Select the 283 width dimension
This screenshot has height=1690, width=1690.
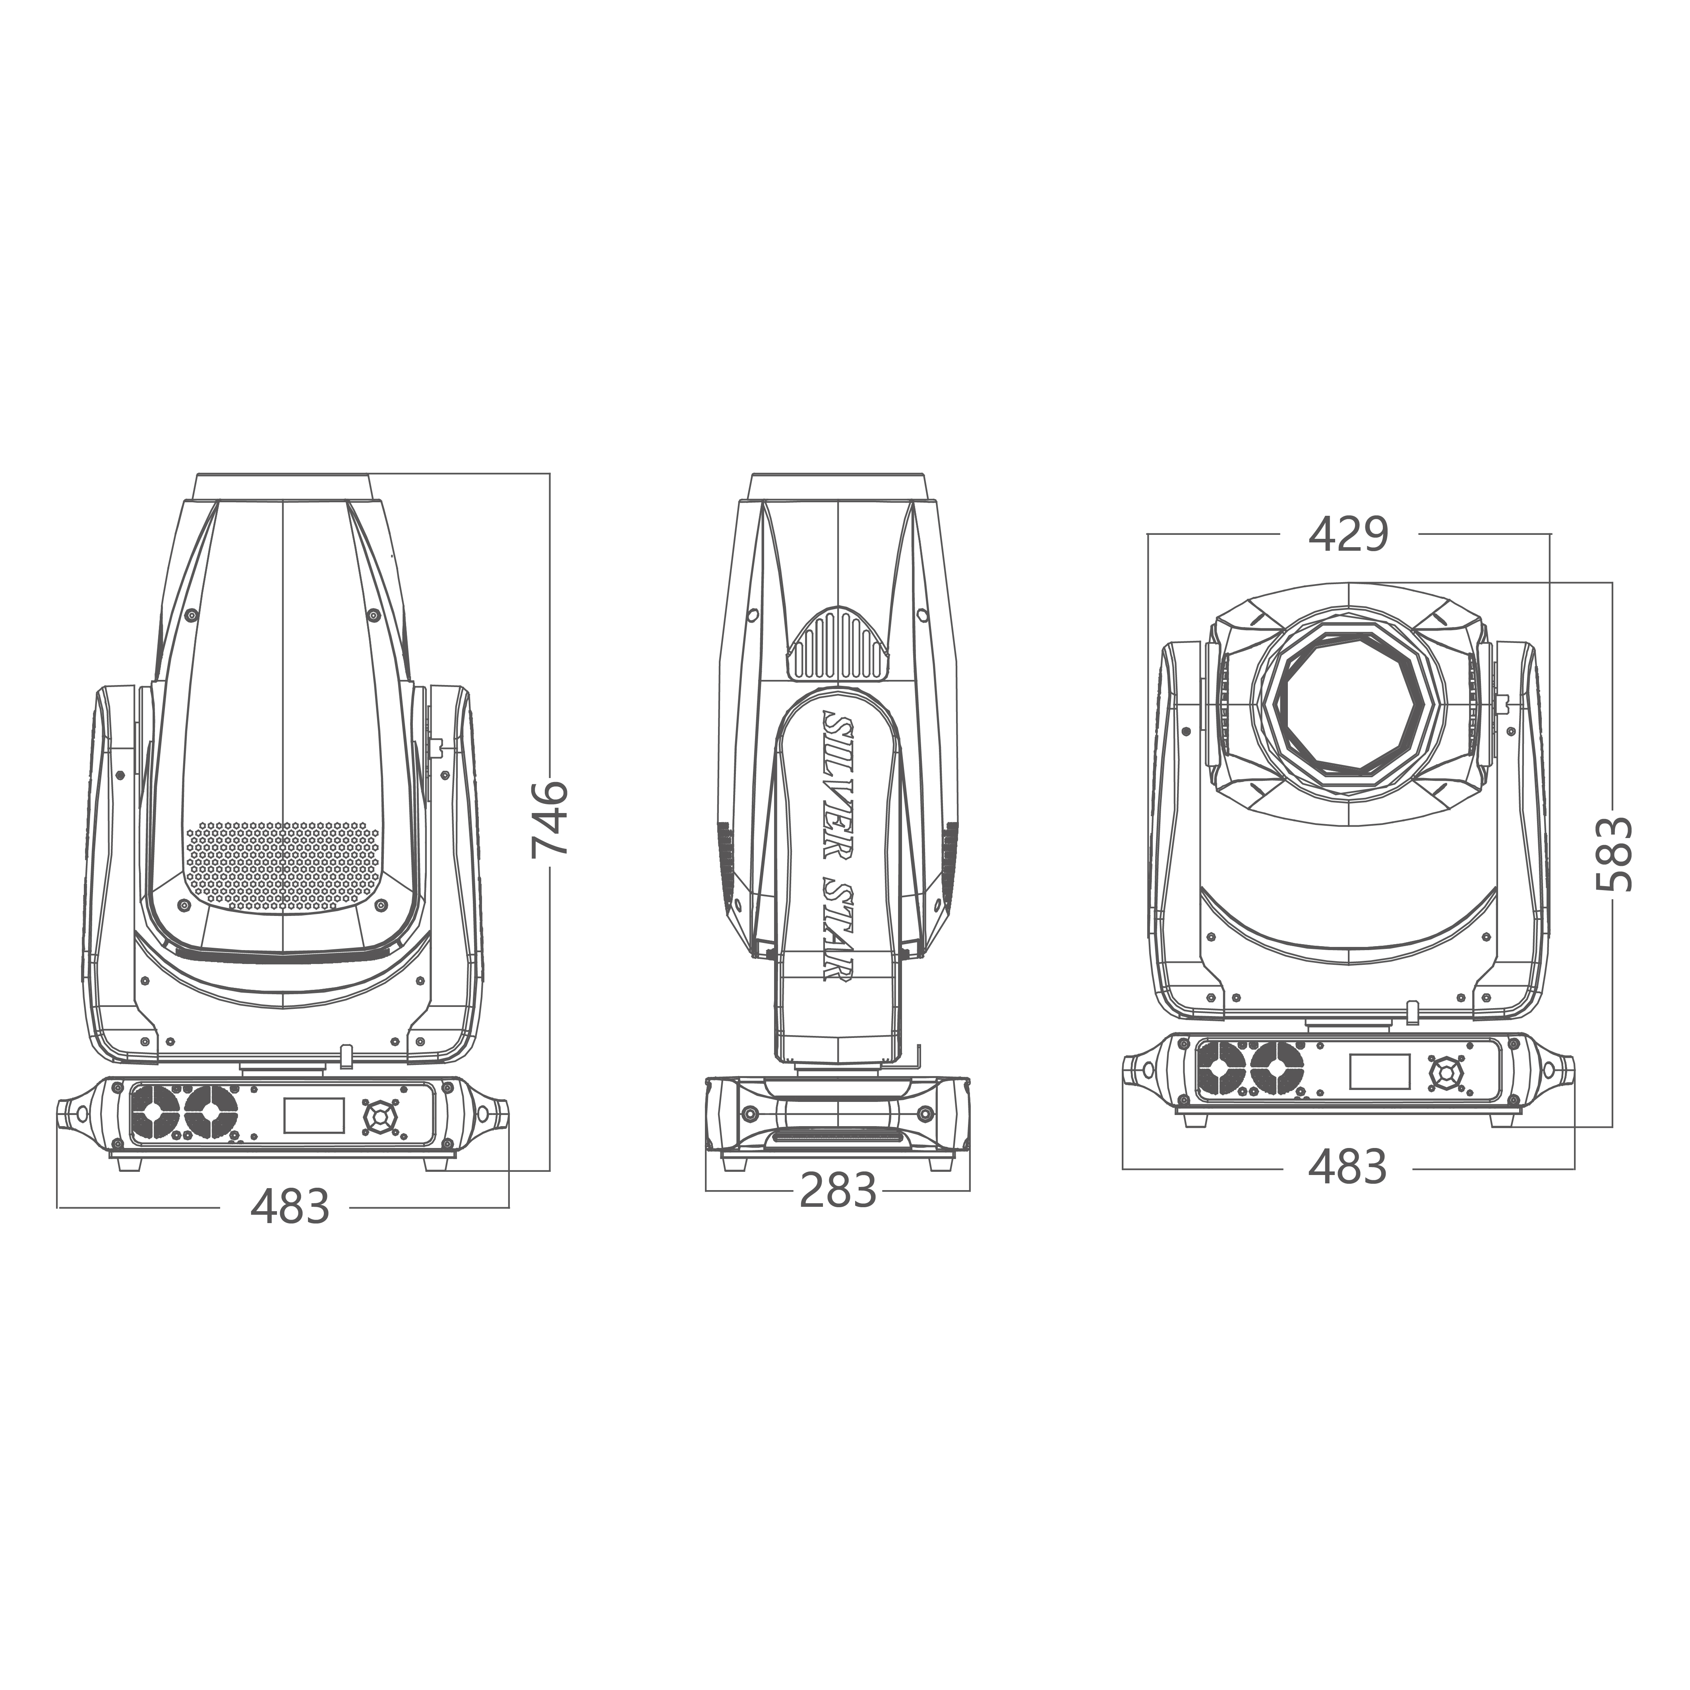[838, 1191]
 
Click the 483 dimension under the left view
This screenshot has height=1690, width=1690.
[290, 1207]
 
